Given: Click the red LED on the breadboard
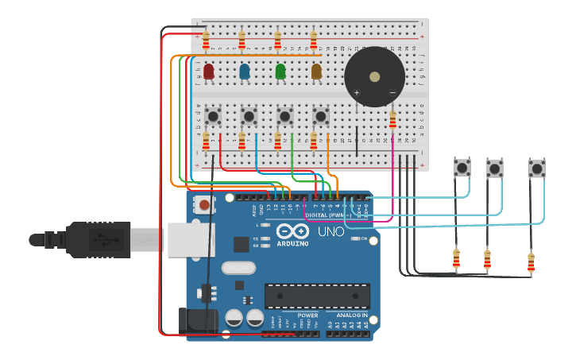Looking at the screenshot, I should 208,72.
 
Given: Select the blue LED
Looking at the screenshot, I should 245,72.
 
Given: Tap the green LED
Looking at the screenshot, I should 280,72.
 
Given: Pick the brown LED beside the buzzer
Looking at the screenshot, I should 316,72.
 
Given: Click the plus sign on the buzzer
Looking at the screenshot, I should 356,93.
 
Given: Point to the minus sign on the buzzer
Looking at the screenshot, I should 392,93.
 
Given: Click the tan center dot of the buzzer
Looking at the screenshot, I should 374,77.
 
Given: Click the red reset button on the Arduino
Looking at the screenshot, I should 204,205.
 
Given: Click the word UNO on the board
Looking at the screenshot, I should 331,232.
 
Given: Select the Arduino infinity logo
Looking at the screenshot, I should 292,231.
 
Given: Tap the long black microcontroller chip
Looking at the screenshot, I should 316,296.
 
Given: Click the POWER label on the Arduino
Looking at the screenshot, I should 307,315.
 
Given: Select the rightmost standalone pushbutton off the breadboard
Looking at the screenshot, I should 537,168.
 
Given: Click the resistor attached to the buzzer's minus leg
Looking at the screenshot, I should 392,119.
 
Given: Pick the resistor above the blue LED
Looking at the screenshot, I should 242,39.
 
